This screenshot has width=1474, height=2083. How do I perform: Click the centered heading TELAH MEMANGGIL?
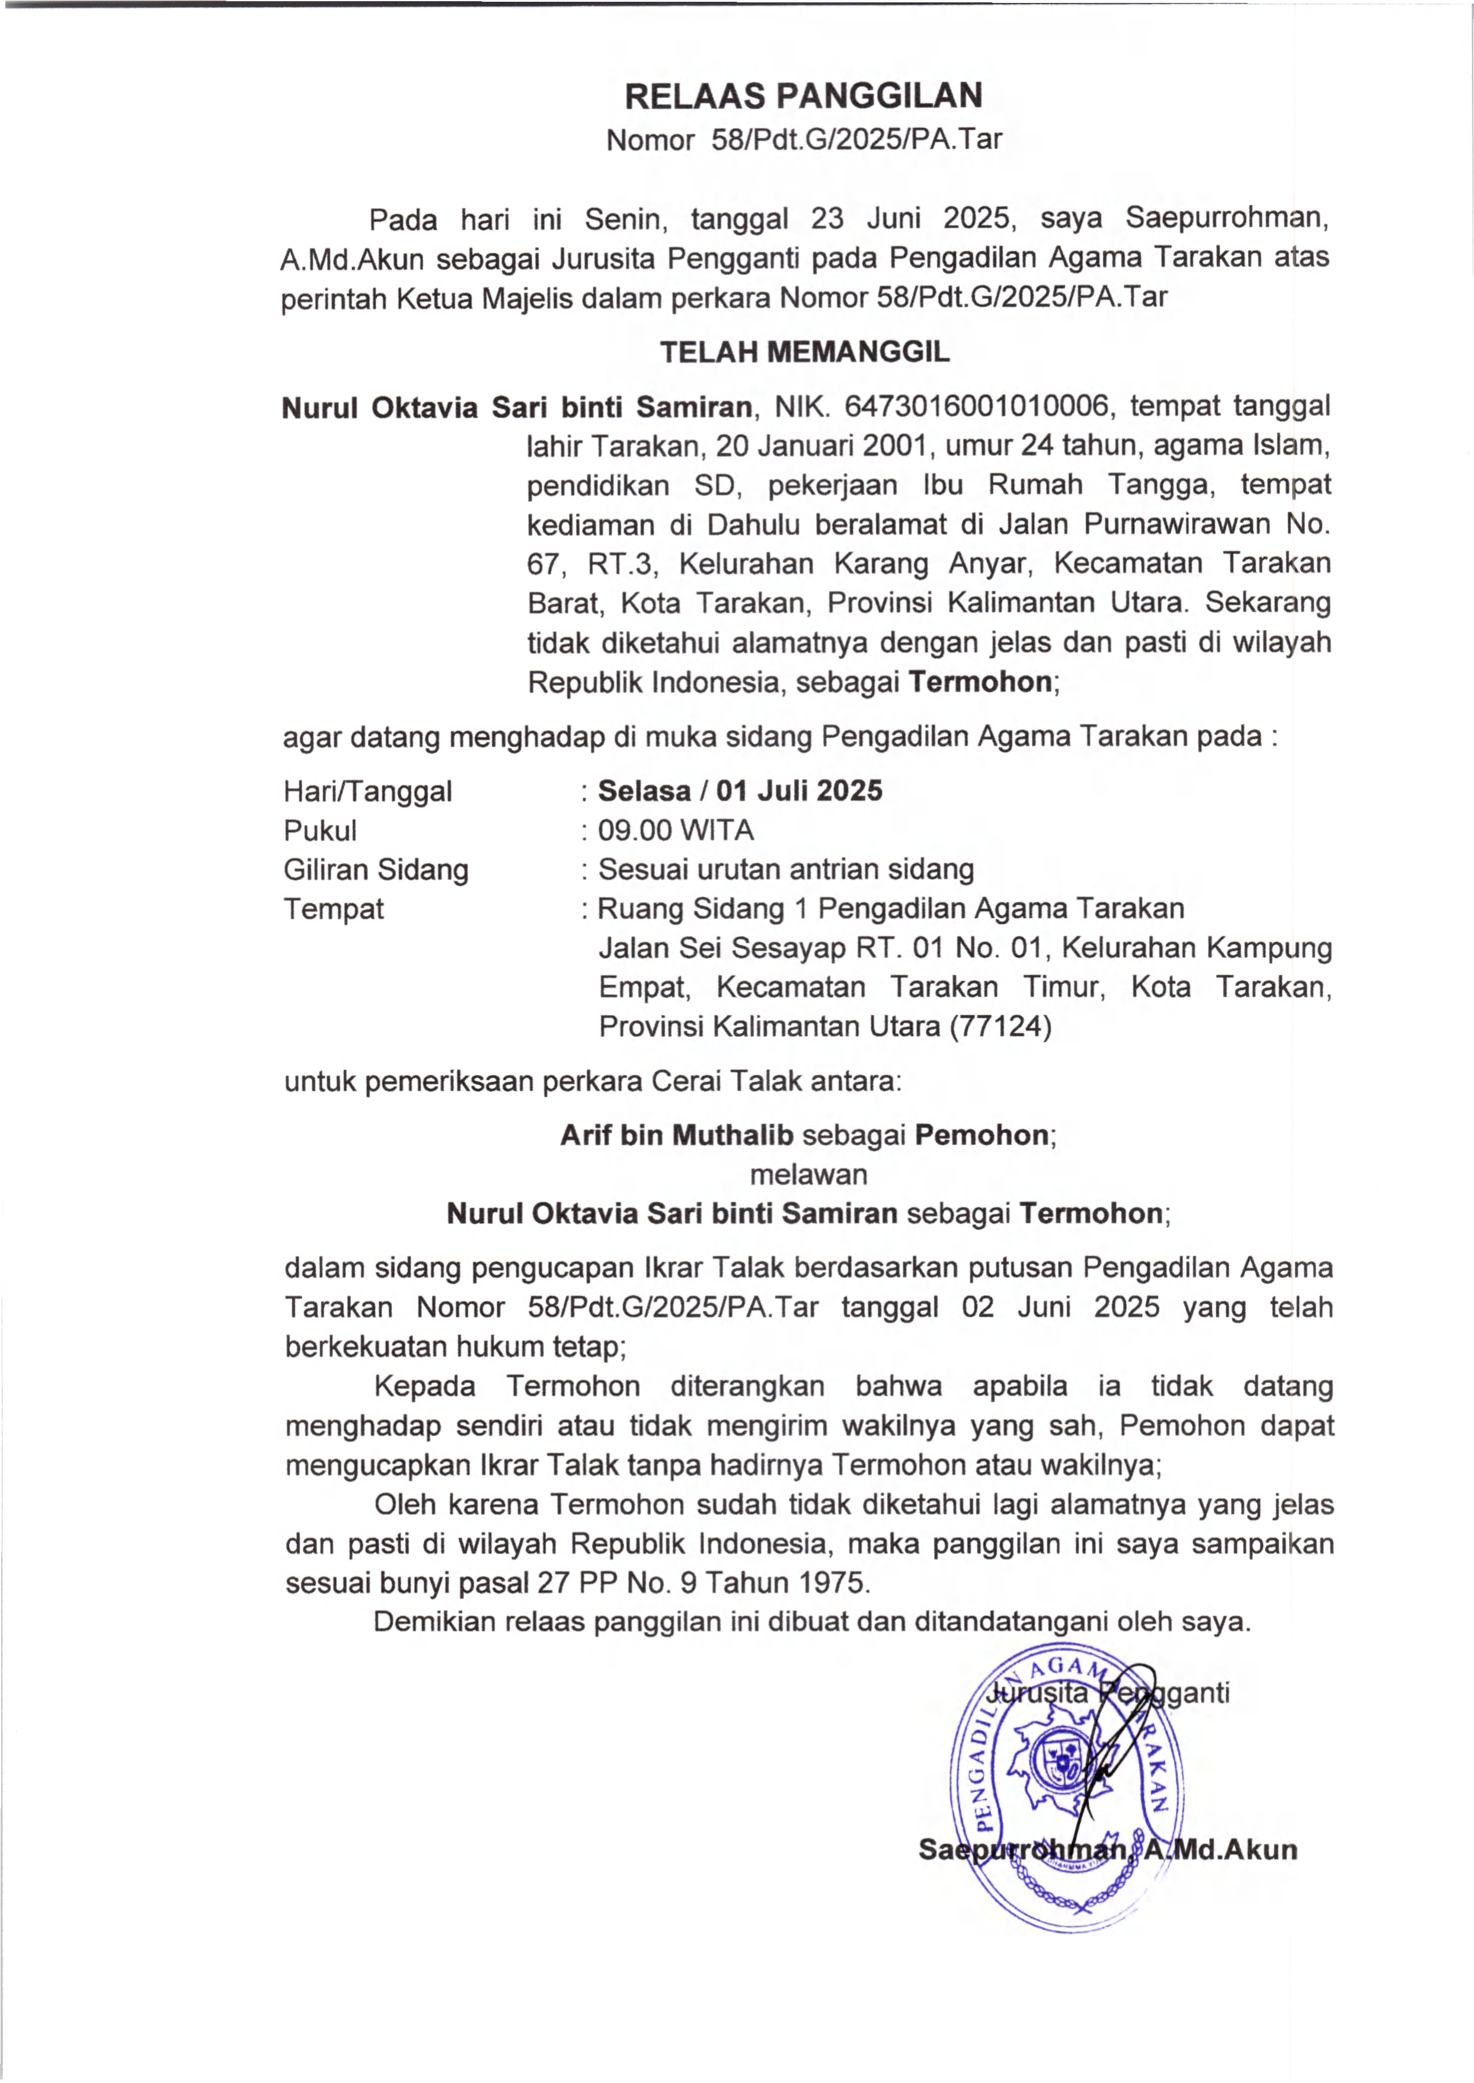pos(804,351)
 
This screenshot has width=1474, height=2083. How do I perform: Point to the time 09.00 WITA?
pos(675,830)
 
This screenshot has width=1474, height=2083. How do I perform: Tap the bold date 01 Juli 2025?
pos(799,790)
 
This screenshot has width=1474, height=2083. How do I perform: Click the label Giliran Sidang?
pos(376,869)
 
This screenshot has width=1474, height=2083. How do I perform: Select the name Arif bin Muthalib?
pos(676,1135)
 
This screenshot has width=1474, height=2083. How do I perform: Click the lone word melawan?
pos(808,1174)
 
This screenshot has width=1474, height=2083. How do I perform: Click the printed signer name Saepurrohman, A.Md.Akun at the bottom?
pos(1107,1850)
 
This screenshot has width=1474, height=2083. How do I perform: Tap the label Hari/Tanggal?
pos(367,791)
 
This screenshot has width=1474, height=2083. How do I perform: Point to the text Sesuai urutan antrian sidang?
pos(785,869)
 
